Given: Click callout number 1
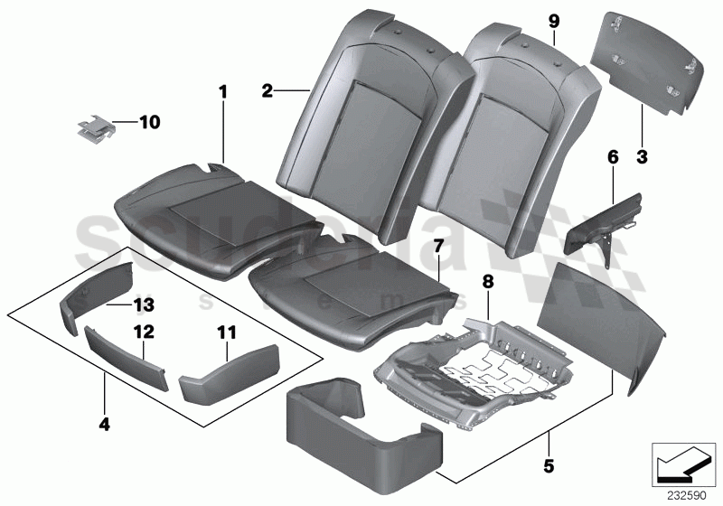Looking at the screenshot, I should point(223,92).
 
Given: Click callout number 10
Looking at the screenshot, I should point(148,119).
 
